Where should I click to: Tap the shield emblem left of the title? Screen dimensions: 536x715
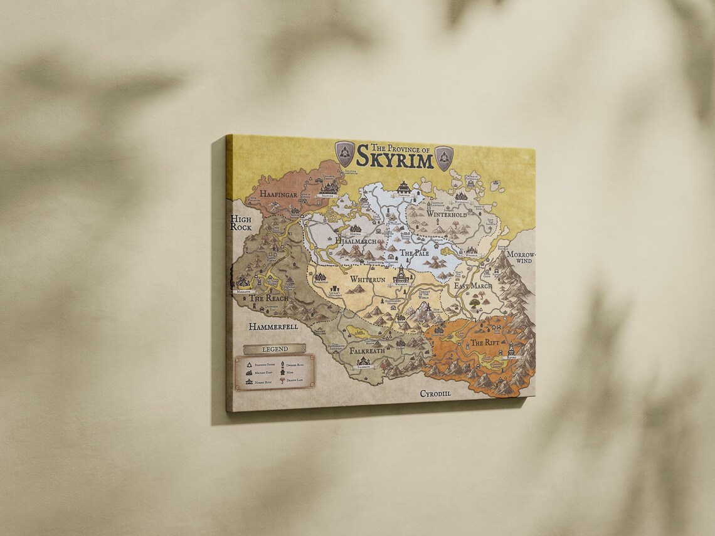coord(345,153)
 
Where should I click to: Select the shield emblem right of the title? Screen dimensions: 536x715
coord(444,158)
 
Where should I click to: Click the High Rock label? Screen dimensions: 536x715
coord(241,223)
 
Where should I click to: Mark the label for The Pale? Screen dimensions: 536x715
coord(415,253)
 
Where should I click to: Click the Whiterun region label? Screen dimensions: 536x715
coord(368,278)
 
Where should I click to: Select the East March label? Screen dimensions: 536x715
coord(473,286)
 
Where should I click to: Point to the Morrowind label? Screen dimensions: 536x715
coord(521,258)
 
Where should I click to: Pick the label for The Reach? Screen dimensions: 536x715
coord(269,298)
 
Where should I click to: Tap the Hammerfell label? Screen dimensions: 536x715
coord(273,327)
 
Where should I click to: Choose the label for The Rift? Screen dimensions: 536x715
coord(485,343)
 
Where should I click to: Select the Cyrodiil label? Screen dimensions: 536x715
coord(435,393)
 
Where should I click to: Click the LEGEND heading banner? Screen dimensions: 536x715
coord(275,349)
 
